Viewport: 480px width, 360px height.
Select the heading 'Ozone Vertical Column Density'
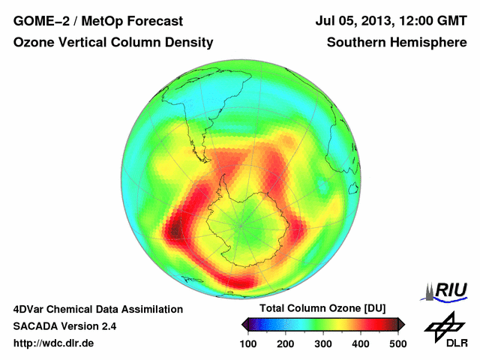[113, 43]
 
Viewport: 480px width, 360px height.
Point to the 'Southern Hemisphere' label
[397, 43]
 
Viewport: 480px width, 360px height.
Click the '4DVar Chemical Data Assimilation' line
[98, 309]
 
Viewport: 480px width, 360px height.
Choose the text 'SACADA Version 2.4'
[64, 326]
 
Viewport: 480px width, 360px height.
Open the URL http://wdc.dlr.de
[54, 343]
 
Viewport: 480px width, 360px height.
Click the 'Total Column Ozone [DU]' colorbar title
[322, 309]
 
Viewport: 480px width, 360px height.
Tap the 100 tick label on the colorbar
[249, 343]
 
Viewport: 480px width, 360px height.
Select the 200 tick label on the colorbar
[286, 343]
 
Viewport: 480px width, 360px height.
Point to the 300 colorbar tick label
[323, 343]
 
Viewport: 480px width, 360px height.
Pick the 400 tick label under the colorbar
[360, 343]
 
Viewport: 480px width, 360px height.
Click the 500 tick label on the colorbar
[397, 343]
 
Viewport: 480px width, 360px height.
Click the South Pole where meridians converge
[241, 223]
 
